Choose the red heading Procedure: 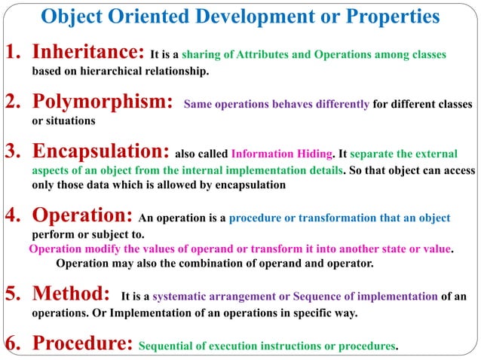click(x=82, y=344)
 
